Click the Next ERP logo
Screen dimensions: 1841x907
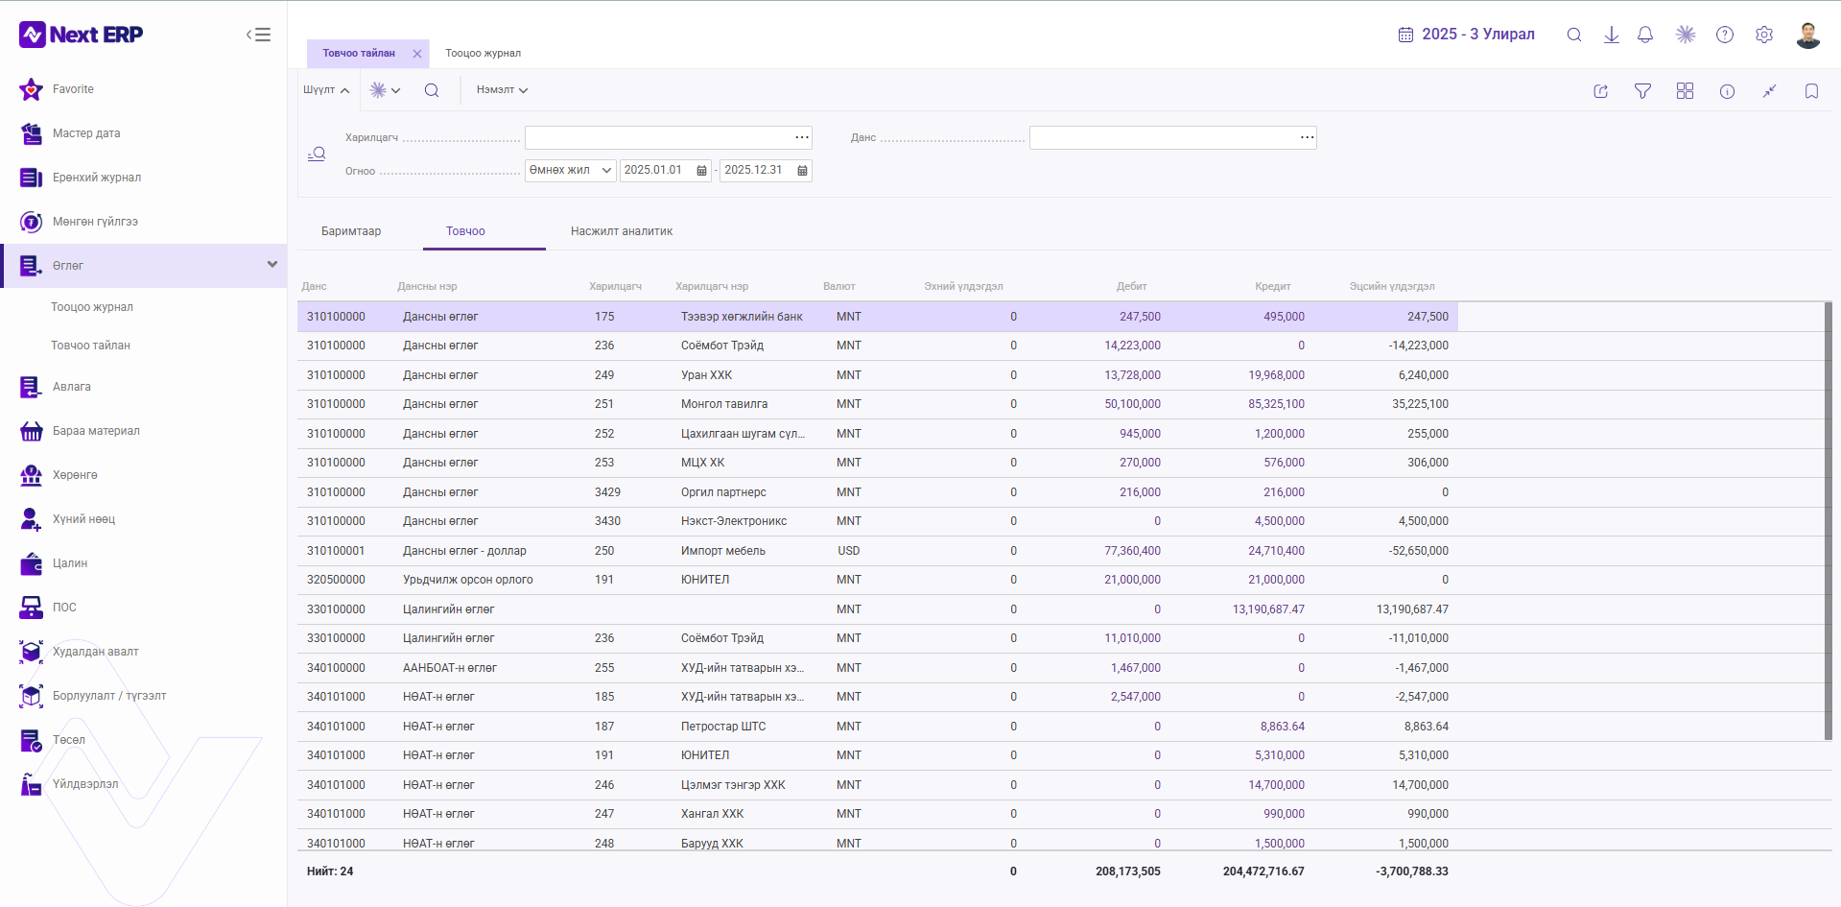click(x=82, y=35)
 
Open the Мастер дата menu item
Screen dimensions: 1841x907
click(x=86, y=133)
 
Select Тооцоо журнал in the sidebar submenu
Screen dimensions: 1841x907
click(x=92, y=307)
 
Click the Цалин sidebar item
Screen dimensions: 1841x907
click(x=70, y=563)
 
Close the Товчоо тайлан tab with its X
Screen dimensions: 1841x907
click(x=417, y=54)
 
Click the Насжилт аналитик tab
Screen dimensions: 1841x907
click(x=622, y=231)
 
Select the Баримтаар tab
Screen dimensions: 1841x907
click(x=351, y=231)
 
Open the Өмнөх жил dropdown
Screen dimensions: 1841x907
click(x=570, y=170)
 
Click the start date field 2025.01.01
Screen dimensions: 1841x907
click(x=653, y=170)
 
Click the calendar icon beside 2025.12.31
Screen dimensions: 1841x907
click(x=802, y=171)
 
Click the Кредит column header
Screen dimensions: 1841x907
click(x=1273, y=286)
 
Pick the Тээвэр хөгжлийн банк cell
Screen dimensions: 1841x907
click(x=742, y=317)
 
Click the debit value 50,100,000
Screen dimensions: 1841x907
click(x=1132, y=404)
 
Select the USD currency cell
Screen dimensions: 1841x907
click(x=849, y=551)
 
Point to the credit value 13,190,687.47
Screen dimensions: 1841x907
click(x=1268, y=609)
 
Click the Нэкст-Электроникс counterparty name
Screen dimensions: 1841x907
click(x=734, y=521)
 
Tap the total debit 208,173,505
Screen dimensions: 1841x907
click(x=1128, y=871)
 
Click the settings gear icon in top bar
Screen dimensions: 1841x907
click(x=1764, y=35)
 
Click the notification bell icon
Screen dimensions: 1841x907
click(x=1645, y=35)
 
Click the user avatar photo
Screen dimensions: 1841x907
click(x=1808, y=35)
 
